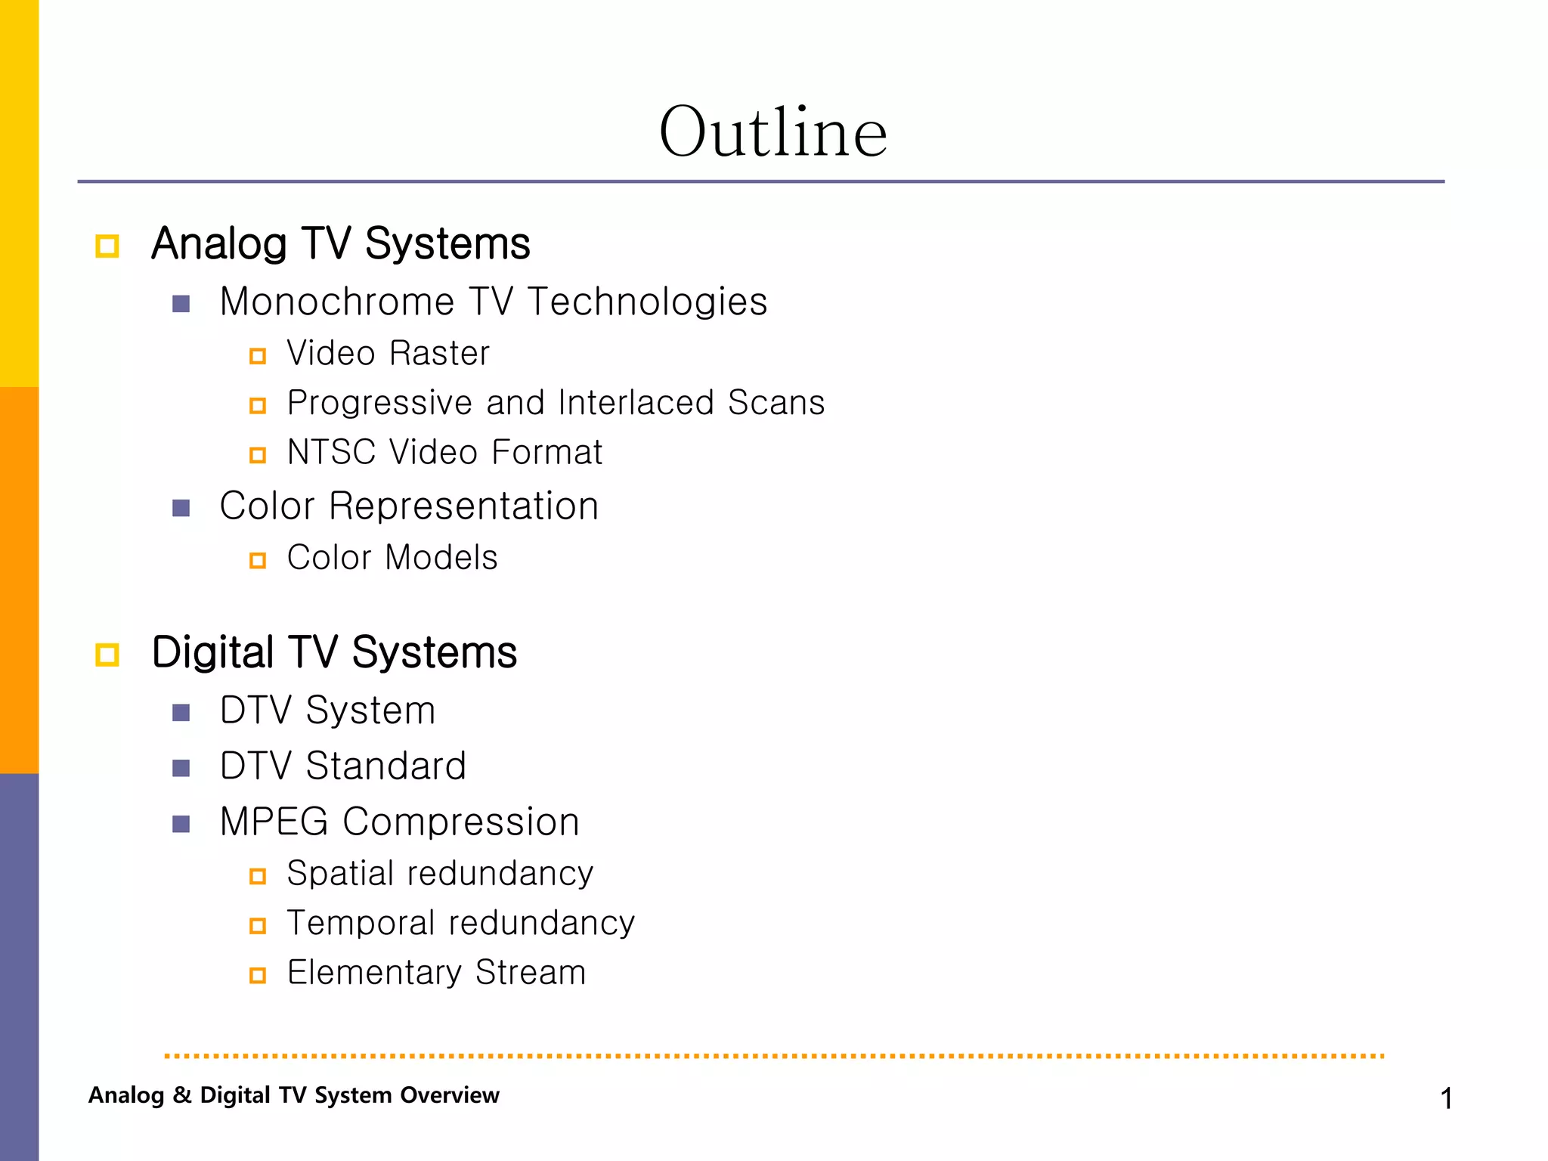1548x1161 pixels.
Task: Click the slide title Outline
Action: click(x=772, y=132)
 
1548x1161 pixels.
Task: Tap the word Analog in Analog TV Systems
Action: click(x=218, y=244)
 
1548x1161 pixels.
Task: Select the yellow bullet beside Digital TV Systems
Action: click(x=107, y=655)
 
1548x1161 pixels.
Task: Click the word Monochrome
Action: click(x=336, y=302)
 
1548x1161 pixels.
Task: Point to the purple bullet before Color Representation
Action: click(x=181, y=508)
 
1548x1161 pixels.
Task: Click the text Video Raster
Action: click(x=388, y=354)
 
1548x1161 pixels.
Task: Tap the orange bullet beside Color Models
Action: click(x=258, y=561)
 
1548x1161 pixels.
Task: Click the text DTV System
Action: click(x=327, y=711)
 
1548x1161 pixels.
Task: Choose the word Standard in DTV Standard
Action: click(x=385, y=766)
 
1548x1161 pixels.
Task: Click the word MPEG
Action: click(x=274, y=822)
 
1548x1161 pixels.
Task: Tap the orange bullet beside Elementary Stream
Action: click(x=258, y=976)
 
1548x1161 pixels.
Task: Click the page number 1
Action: click(x=1446, y=1098)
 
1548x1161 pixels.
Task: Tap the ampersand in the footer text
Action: click(x=181, y=1095)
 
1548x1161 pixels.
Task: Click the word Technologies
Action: click(x=647, y=302)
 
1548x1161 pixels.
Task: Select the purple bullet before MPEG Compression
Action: click(x=181, y=824)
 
